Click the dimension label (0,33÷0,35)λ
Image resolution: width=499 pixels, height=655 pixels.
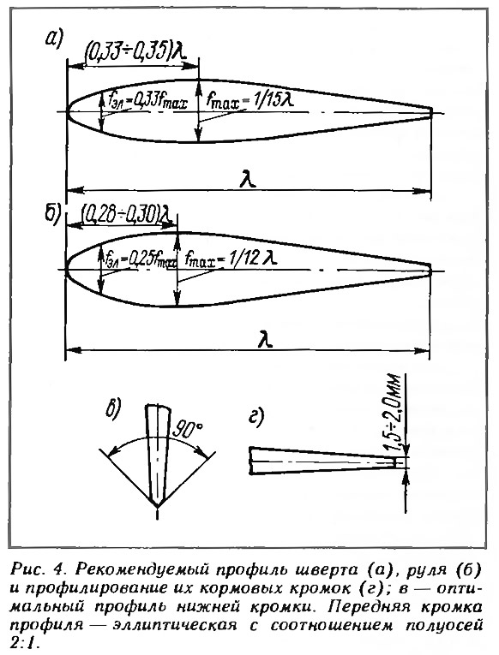135,52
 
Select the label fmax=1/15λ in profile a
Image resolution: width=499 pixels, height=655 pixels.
248,101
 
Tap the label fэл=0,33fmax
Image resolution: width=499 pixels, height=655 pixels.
147,101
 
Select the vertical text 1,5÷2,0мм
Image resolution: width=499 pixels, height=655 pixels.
394,413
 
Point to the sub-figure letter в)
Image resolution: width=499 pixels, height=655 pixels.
112,409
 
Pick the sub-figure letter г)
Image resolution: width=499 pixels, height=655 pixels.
256,418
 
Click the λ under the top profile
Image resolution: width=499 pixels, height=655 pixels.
249,181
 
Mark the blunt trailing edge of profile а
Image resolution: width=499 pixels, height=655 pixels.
431,113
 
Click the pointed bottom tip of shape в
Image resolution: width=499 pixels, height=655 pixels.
157,506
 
